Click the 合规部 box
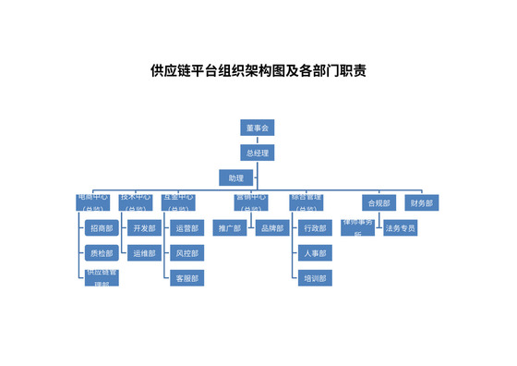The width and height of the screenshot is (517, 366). (x=379, y=202)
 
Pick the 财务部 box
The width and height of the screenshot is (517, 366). (x=421, y=202)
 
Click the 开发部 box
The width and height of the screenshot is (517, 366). (x=144, y=227)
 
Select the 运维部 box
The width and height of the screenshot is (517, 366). (x=144, y=252)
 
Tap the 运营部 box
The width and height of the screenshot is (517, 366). (x=186, y=227)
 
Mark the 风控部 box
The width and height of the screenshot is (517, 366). (x=186, y=252)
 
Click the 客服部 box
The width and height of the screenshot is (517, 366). (x=186, y=277)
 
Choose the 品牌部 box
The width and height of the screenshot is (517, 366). (x=271, y=227)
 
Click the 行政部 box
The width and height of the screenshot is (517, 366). (x=315, y=227)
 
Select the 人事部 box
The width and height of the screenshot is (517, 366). (x=315, y=252)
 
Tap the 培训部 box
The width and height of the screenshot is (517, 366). (x=315, y=277)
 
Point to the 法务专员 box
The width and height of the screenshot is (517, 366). (x=400, y=227)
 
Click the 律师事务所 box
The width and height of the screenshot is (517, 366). (x=357, y=227)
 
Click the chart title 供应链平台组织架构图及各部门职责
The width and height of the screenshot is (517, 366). (x=258, y=70)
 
